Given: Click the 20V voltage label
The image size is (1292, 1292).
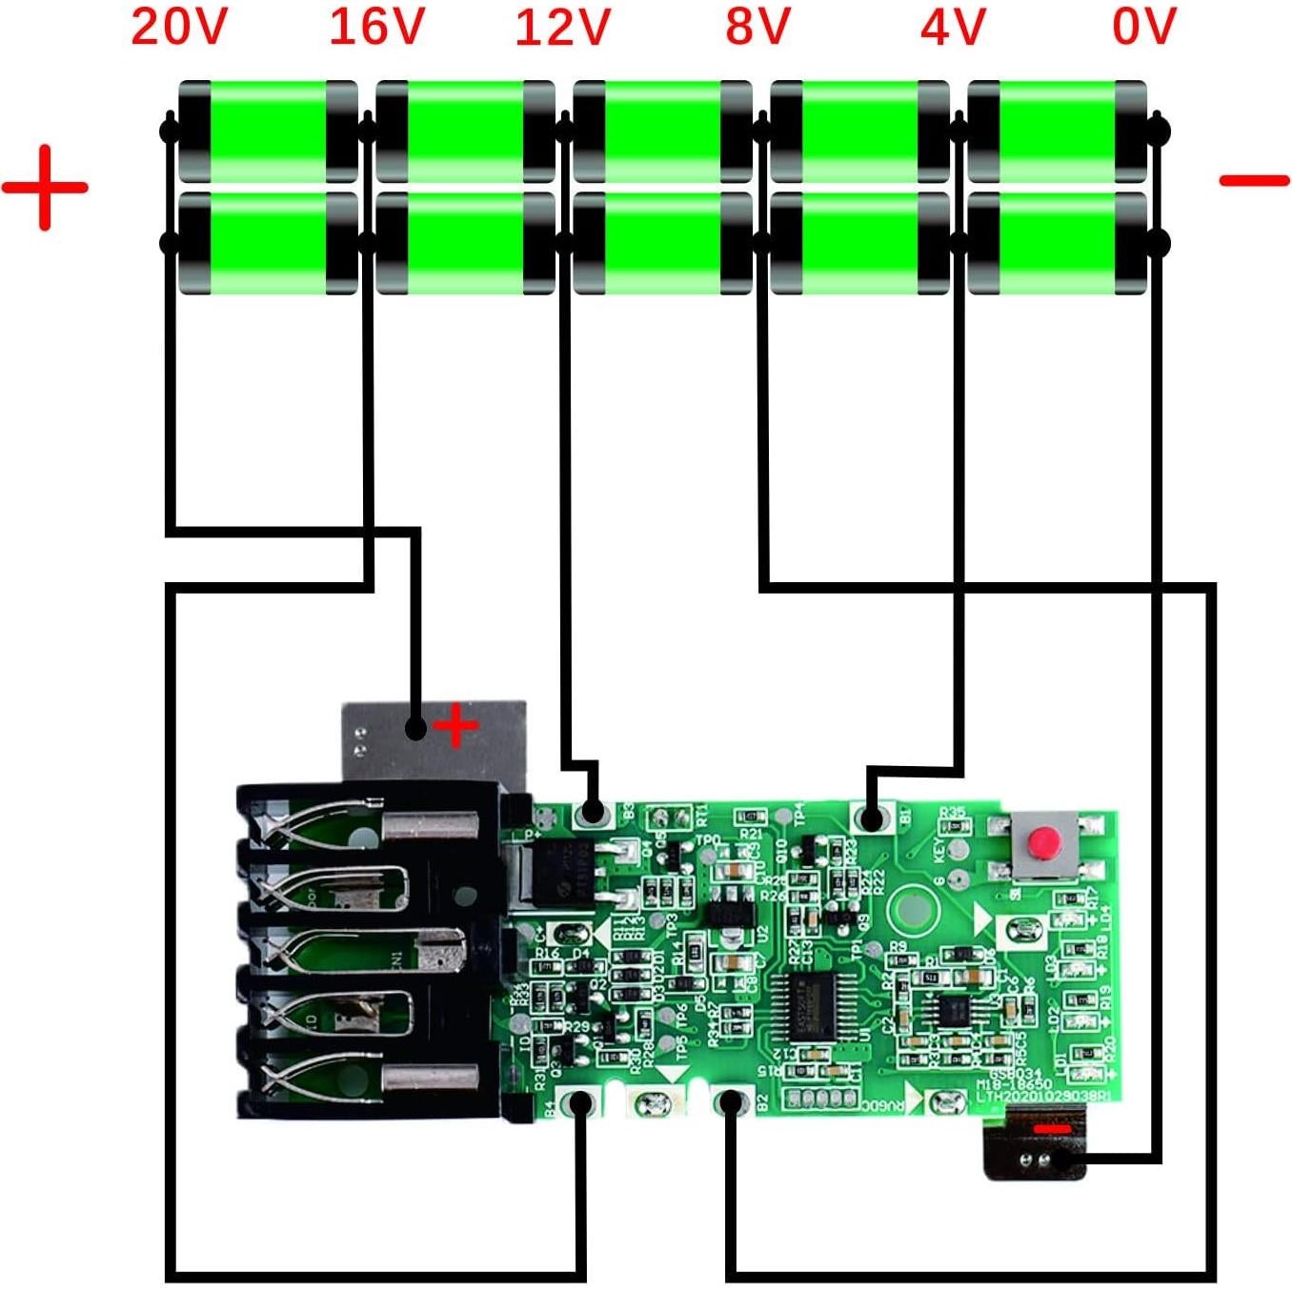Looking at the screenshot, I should tap(178, 26).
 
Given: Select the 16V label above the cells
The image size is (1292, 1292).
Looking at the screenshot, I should tap(376, 26).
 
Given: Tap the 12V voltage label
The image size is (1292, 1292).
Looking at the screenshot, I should tap(562, 26).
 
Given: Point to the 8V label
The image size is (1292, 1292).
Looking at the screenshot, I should tap(757, 26).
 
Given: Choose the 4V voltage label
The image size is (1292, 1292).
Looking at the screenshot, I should tap(952, 26).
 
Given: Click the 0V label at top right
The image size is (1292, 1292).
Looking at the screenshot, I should tap(1143, 26).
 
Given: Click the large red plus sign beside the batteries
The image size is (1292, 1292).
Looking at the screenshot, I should tap(45, 187).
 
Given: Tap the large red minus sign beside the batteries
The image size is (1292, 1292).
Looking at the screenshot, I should tap(1254, 179).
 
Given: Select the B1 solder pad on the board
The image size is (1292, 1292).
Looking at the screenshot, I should tap(869, 818).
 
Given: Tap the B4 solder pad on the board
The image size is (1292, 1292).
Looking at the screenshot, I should tap(578, 1104).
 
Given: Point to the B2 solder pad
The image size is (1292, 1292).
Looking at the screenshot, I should tap(731, 1103).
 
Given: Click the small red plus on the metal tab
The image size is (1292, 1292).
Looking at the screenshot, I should tap(455, 726).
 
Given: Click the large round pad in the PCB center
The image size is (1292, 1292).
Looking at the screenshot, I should tap(913, 907).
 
